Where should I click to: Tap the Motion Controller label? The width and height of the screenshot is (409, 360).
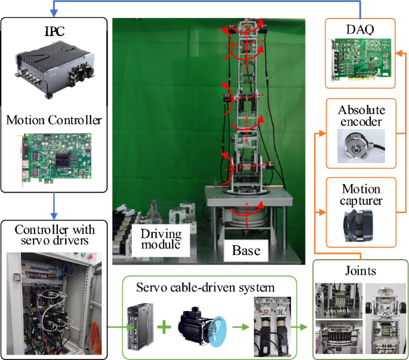[54, 121]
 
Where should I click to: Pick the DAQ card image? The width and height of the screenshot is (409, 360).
[361, 59]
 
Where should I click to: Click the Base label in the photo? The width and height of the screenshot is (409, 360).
[245, 250]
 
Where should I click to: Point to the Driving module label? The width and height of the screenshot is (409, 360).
[160, 238]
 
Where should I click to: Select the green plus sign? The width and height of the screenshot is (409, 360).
[163, 327]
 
